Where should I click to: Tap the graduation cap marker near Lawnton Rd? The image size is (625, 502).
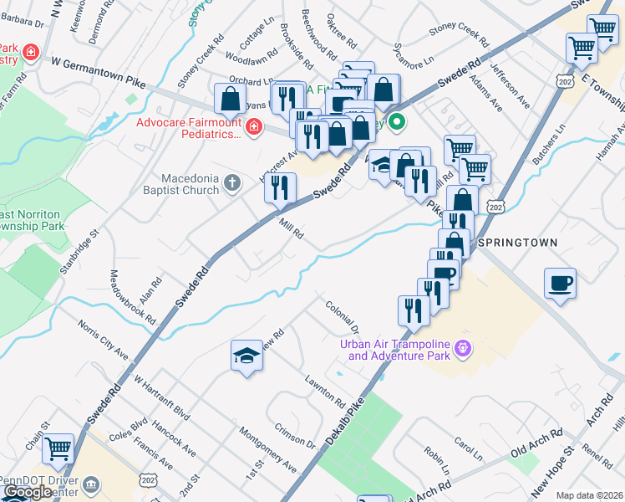pyautogui.click(x=246, y=356)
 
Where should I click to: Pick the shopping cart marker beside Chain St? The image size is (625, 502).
pyautogui.click(x=58, y=449)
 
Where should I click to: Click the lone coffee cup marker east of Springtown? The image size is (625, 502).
pyautogui.click(x=561, y=282)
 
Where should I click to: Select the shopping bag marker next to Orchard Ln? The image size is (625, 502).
pyautogui.click(x=230, y=99)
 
